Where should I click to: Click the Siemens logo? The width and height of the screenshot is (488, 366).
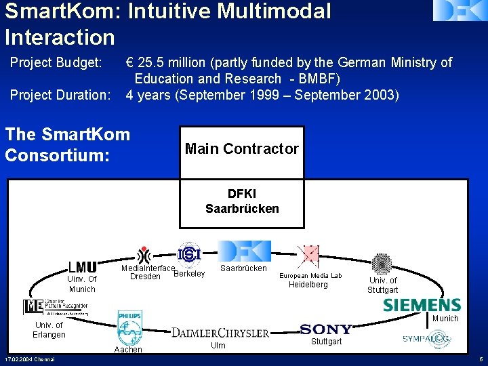pyautogui.click(x=422, y=305)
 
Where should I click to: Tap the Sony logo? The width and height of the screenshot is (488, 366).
pyautogui.click(x=326, y=329)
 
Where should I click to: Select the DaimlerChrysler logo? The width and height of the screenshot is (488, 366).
pyautogui.click(x=220, y=332)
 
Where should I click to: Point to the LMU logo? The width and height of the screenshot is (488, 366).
pyautogui.click(x=82, y=268)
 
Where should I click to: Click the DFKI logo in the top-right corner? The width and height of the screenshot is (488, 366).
pyautogui.click(x=460, y=10)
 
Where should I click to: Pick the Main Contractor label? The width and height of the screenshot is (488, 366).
pyautogui.click(x=241, y=148)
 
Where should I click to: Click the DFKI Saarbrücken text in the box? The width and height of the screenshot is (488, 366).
pyautogui.click(x=242, y=201)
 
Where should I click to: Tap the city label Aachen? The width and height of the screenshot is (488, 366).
pyautogui.click(x=128, y=350)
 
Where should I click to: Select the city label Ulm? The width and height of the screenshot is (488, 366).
pyautogui.click(x=218, y=346)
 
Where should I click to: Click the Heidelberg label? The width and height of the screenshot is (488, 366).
pyautogui.click(x=308, y=285)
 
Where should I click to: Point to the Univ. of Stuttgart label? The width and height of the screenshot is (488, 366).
pyautogui.click(x=382, y=285)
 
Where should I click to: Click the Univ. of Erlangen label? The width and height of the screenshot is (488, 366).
pyautogui.click(x=49, y=330)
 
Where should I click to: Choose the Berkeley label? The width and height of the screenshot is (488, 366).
pyautogui.click(x=189, y=274)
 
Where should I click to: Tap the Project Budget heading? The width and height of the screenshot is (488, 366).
pyautogui.click(x=56, y=63)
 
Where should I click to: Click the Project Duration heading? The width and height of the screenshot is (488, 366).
pyautogui.click(x=60, y=95)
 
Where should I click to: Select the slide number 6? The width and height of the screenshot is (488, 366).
pyautogui.click(x=480, y=359)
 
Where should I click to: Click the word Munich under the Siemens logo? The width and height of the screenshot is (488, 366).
pyautogui.click(x=445, y=319)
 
